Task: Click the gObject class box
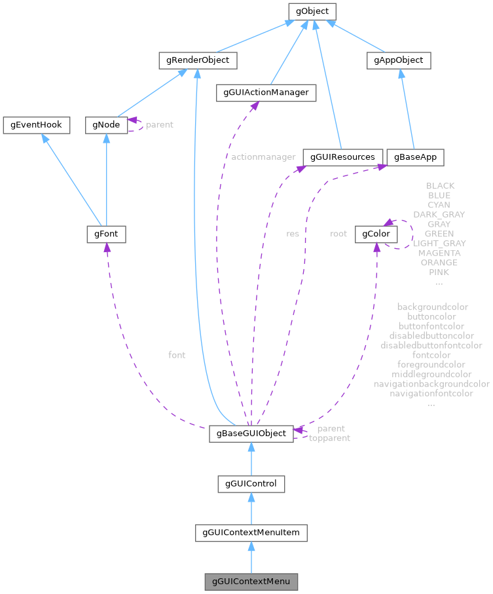click(x=312, y=11)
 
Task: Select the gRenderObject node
click(x=197, y=61)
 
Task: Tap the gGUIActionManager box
click(x=266, y=93)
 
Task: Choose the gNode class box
click(x=105, y=124)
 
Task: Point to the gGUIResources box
click(x=342, y=157)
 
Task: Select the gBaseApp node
click(x=415, y=157)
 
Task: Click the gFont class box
click(x=105, y=234)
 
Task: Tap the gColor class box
click(x=375, y=234)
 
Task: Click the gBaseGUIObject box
click(x=251, y=434)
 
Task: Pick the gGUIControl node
click(x=251, y=484)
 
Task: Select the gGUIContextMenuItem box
click(x=251, y=532)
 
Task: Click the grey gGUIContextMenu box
click(x=251, y=581)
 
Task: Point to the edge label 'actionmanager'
click(x=263, y=157)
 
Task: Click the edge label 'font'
click(x=177, y=355)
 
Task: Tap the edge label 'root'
click(x=338, y=233)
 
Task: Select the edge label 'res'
click(x=293, y=233)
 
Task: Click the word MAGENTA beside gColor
click(x=439, y=253)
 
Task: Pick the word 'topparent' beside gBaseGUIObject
click(x=329, y=438)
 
